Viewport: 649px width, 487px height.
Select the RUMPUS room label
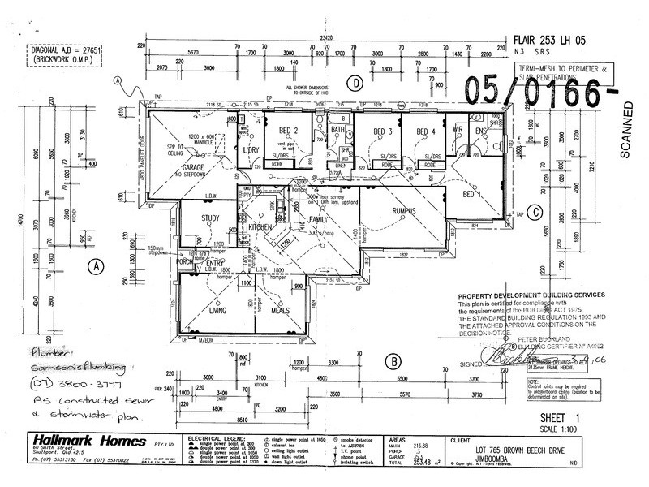(403, 211)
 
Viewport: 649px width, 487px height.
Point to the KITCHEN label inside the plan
(261, 228)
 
